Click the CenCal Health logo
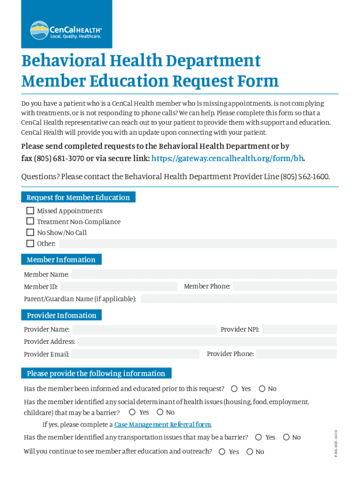(x=66, y=30)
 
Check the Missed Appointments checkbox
(x=30, y=210)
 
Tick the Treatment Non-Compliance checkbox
(x=30, y=221)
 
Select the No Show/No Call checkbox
(x=30, y=232)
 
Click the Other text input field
(x=197, y=243)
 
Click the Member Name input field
(x=204, y=274)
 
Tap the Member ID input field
(x=119, y=286)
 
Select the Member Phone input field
(x=284, y=286)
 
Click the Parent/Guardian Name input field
(x=238, y=298)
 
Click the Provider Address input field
(x=207, y=341)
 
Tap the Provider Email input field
(x=136, y=354)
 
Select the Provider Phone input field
(x=296, y=354)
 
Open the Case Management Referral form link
(x=163, y=425)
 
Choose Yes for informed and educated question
(x=234, y=389)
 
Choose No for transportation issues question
(x=286, y=437)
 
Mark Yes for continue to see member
(x=222, y=451)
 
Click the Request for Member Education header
(x=78, y=197)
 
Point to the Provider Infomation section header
(x=61, y=315)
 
